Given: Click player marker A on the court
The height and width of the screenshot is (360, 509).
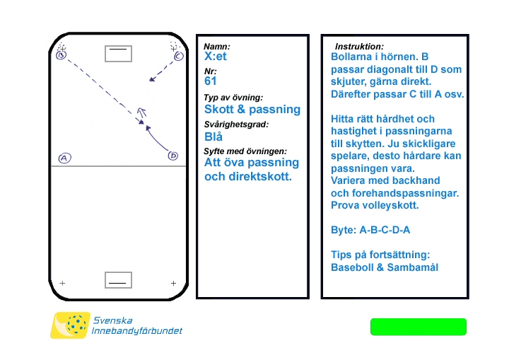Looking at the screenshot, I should tap(64, 158).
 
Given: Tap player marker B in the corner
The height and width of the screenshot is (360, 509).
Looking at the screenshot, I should tap(62, 54).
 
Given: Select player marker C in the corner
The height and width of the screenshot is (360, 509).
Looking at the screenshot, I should tap(178, 55).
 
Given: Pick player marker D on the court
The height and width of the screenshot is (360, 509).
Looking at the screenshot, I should tap(173, 156).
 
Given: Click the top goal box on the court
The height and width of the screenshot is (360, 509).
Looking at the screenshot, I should tap(118, 53).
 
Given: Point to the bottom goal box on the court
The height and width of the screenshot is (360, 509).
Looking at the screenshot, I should tap(118, 280).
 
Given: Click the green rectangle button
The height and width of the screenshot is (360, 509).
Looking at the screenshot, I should tap(419, 327).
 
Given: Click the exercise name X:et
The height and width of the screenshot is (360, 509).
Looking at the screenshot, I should tap(215, 57).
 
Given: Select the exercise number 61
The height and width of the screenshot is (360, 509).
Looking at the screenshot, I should tap(210, 81).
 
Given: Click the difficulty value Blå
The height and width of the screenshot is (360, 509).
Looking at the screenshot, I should tap(213, 137).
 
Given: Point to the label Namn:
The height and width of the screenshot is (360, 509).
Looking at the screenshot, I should tap(217, 46).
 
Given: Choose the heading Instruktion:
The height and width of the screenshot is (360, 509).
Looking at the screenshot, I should tap(359, 46).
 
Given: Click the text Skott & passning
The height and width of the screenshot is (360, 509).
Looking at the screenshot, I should tap(252, 110).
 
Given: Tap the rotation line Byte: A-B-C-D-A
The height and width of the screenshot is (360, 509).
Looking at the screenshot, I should tap(370, 230).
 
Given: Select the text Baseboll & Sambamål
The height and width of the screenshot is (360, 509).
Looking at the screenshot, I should tap(385, 267).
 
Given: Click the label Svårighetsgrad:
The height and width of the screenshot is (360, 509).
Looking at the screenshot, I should tap(236, 124).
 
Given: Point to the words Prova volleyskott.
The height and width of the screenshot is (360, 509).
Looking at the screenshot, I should tap(375, 206).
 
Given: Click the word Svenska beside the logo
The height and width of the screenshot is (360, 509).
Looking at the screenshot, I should tap(112, 320).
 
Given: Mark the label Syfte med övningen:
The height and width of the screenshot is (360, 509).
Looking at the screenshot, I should tap(245, 151).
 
